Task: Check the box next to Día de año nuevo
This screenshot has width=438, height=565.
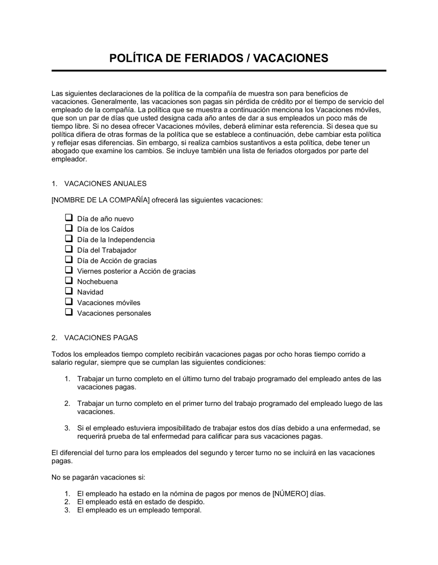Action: pos(69,218)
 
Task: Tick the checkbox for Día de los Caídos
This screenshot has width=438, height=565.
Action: pos(69,228)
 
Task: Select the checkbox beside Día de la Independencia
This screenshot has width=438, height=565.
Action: pos(69,239)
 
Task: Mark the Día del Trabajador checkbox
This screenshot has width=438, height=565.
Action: pos(69,249)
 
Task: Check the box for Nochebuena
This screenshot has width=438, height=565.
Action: pos(69,281)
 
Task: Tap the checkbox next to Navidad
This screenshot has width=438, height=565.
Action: pos(69,291)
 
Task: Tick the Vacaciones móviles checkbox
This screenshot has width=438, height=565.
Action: pos(69,302)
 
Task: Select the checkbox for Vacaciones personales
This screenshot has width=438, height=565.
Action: pos(69,312)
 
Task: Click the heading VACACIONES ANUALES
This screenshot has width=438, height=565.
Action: pos(105,184)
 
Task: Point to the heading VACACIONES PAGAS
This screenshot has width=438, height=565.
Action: pos(101,338)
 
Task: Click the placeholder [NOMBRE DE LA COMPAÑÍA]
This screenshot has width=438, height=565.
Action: pos(101,200)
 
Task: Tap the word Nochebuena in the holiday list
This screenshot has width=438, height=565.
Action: pos(97,282)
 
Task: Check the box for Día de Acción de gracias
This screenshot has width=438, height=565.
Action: pos(69,260)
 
